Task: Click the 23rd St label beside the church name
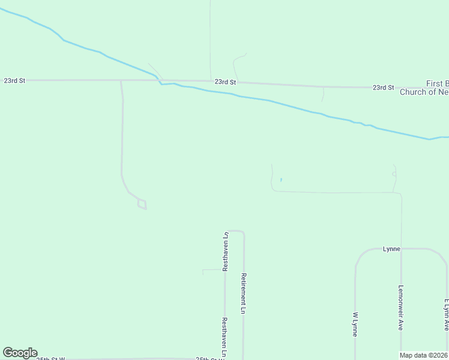click(x=383, y=88)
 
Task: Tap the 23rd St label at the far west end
click(x=14, y=80)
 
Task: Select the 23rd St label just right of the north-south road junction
click(x=225, y=82)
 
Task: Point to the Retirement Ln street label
click(x=244, y=293)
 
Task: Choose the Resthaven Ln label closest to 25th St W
click(x=224, y=337)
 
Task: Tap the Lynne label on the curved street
click(x=391, y=248)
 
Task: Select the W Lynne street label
click(x=355, y=324)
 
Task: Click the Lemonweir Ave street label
click(x=400, y=307)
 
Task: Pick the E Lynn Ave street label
click(x=446, y=315)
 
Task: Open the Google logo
click(x=20, y=353)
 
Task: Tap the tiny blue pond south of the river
click(x=280, y=179)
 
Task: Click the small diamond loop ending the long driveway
click(x=142, y=205)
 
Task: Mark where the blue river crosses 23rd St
click(x=159, y=81)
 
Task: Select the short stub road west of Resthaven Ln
click(x=211, y=270)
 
